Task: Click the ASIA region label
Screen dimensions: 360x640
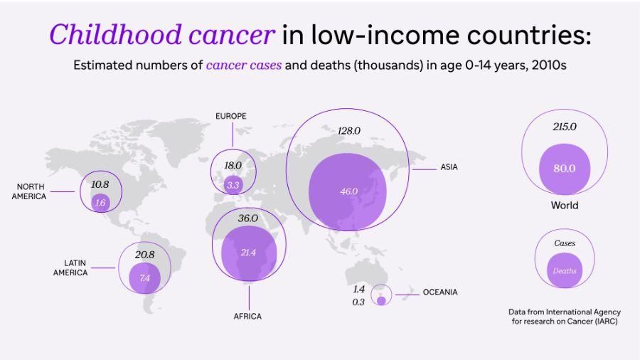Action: [x=449, y=168]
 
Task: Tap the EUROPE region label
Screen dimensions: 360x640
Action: [x=231, y=116]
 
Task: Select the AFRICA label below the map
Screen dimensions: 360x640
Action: [x=247, y=316]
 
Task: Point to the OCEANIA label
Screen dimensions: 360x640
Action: [x=440, y=292]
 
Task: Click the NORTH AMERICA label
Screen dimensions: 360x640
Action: [x=29, y=191]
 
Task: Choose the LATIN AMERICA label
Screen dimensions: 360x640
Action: [x=70, y=268]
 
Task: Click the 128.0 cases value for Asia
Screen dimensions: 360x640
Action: [x=348, y=131]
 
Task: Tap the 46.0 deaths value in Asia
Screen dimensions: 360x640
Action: [x=348, y=191]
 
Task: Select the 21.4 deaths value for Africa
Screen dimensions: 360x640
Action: [x=247, y=253]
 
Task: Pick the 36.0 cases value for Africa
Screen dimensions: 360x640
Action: [x=247, y=218]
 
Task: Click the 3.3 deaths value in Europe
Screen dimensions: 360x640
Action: [x=233, y=185]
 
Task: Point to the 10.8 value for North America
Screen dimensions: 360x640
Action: [x=100, y=184]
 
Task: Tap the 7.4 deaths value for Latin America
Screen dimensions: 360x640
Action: [x=145, y=278]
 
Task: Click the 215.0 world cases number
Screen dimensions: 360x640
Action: [x=565, y=127]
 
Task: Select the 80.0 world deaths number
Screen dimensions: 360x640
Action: [x=565, y=169]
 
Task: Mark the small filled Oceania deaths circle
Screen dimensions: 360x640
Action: [x=381, y=301]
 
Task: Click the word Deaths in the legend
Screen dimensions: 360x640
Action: [x=565, y=271]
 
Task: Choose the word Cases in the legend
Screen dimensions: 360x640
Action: [x=565, y=243]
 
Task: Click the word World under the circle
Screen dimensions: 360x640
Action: [x=565, y=206]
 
